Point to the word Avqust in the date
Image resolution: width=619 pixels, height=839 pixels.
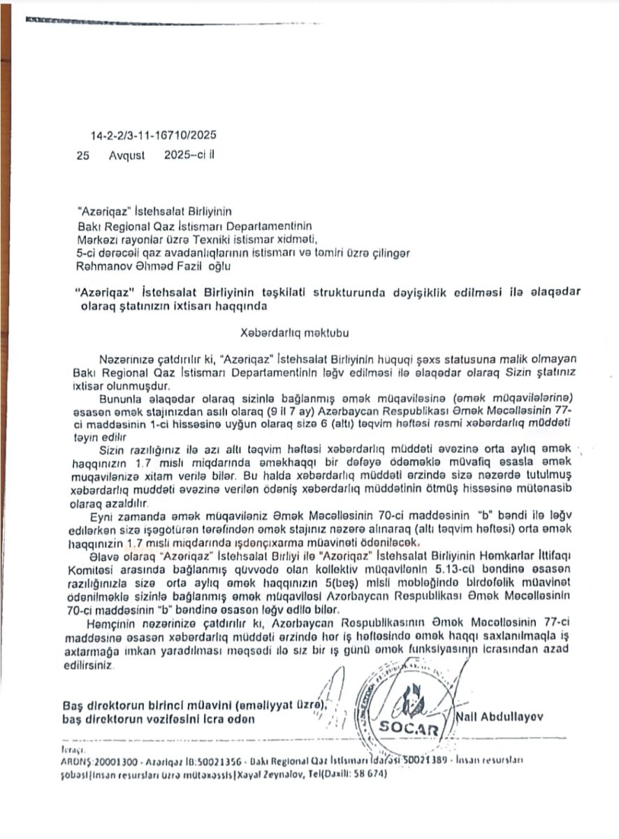(x=126, y=157)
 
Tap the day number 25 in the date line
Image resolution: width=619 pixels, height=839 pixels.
(x=84, y=157)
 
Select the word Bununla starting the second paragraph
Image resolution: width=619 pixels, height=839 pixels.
(x=122, y=398)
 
